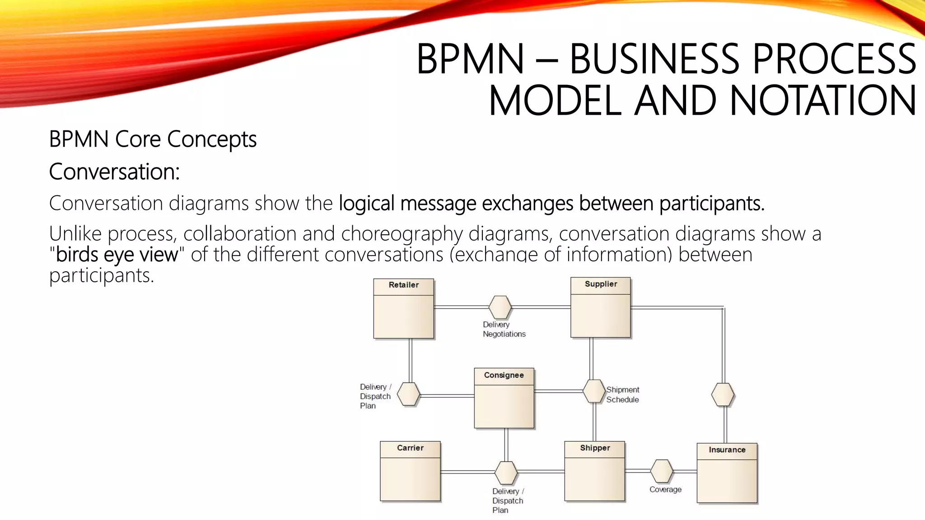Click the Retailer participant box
tap(403, 309)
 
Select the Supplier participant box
tap(600, 307)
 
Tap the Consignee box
tap(504, 398)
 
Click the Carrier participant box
tap(410, 471)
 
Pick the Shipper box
tap(594, 471)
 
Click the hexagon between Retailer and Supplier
tap(500, 307)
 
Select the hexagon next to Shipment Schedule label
tap(593, 391)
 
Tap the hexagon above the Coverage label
tap(662, 471)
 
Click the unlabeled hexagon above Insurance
tap(723, 395)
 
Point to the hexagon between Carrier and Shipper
tap(506, 472)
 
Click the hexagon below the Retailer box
tap(408, 394)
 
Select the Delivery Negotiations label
tap(504, 329)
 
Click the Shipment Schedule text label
tap(622, 395)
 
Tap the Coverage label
tap(665, 489)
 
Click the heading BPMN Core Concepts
tap(153, 139)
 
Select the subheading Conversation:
tap(114, 172)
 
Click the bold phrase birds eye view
tap(117, 255)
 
